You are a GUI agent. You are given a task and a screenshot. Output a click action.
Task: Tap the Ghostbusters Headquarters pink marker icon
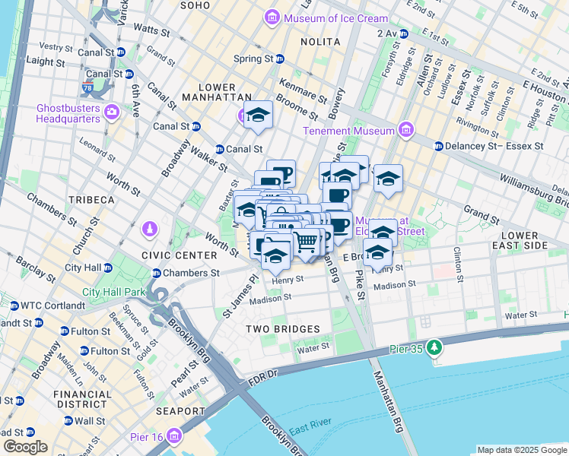pyautogui.click(x=113, y=112)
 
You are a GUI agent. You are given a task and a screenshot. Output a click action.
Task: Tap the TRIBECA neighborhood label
pyautogui.click(x=91, y=200)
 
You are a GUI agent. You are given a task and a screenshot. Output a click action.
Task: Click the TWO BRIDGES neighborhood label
pyautogui.click(x=283, y=328)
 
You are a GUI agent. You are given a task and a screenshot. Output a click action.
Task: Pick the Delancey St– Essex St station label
pyautogui.click(x=494, y=145)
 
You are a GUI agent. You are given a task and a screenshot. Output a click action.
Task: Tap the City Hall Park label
pyautogui.click(x=113, y=292)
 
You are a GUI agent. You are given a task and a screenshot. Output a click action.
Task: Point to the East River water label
pyautogui.click(x=308, y=431)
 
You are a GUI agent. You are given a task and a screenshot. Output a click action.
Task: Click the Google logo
pyautogui.click(x=25, y=447)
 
